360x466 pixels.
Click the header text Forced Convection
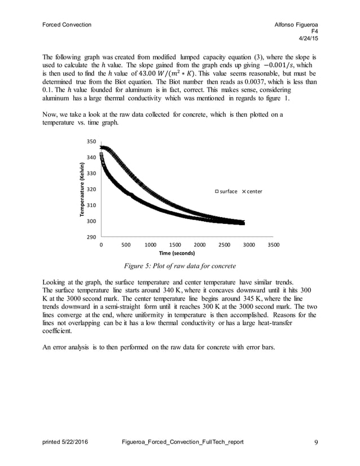(67, 25)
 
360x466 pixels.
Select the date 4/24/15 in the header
(308, 38)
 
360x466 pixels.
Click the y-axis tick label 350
(91, 142)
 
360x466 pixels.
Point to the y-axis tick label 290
(91, 238)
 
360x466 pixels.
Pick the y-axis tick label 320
(91, 190)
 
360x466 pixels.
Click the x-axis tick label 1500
(175, 245)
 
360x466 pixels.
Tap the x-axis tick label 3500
(273, 245)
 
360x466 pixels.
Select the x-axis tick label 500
(126, 245)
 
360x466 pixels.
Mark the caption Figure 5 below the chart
(180, 266)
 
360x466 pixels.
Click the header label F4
(313, 32)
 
